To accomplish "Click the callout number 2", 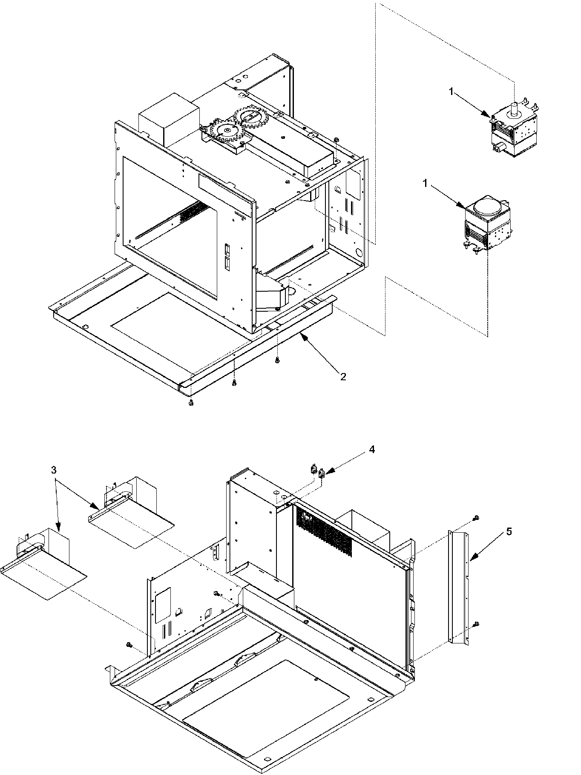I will click(343, 376).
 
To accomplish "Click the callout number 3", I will click(53, 471).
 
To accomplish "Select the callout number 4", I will click(371, 450).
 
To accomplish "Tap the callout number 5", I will click(509, 531).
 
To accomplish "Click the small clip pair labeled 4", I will click(318, 472).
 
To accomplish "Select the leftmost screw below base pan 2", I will click(191, 402).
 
